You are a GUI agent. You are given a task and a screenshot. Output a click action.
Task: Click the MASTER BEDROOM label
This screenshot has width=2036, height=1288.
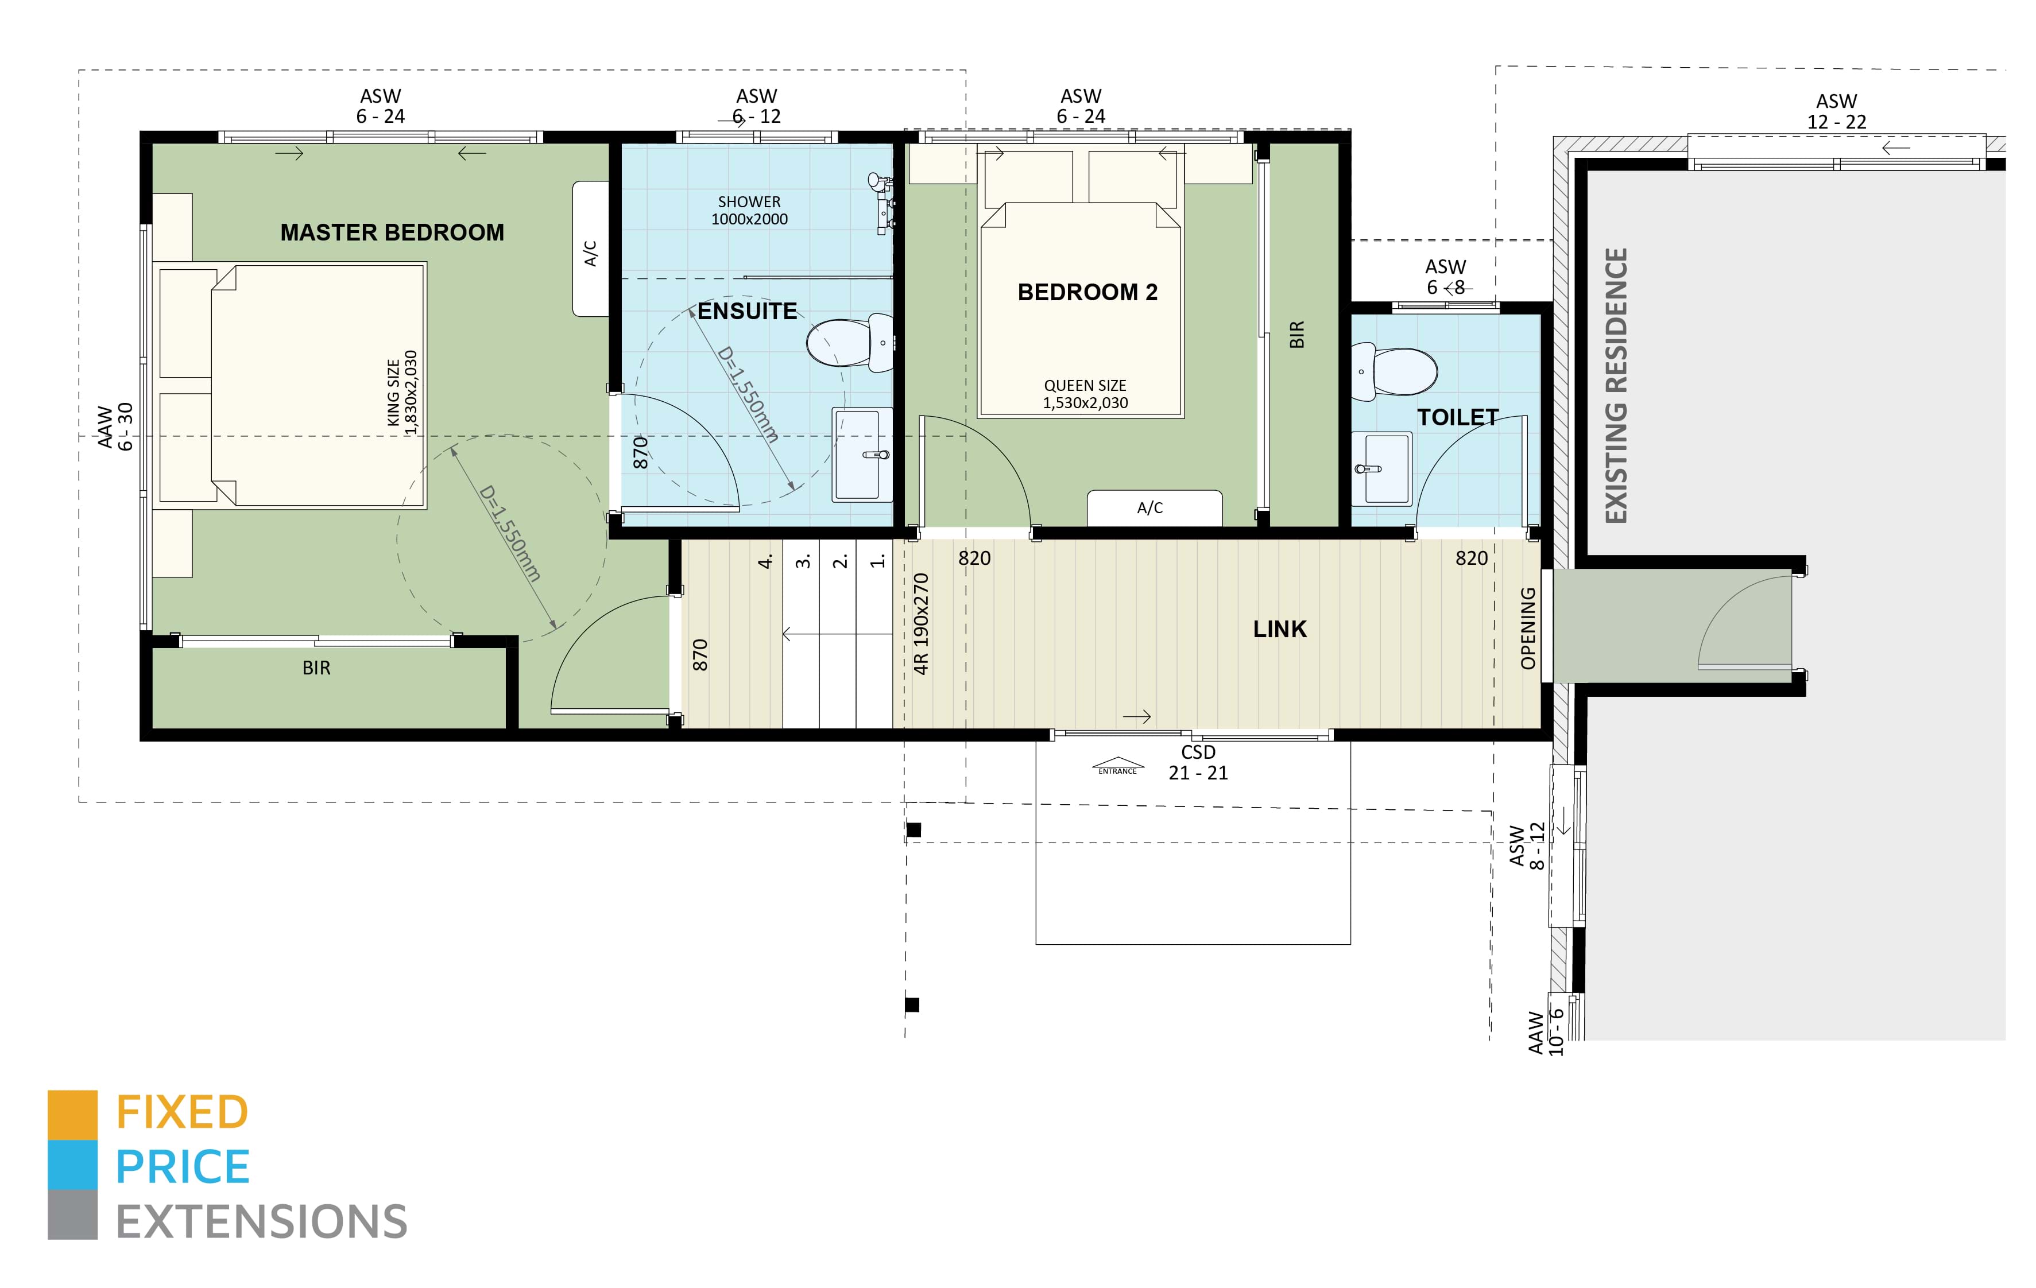click(x=392, y=232)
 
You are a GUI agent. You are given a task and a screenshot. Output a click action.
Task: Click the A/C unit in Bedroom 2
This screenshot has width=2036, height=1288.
click(x=1154, y=507)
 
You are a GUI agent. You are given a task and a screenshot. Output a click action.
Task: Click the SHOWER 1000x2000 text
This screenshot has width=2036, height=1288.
click(x=749, y=211)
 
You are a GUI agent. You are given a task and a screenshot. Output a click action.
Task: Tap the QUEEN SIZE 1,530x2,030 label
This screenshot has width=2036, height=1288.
click(x=1085, y=394)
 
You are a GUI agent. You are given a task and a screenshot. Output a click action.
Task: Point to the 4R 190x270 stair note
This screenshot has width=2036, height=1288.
click(x=921, y=624)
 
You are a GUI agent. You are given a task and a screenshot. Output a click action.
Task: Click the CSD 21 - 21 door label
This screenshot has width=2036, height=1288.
click(x=1198, y=762)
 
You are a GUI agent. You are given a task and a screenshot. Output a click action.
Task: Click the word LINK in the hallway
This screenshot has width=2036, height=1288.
click(x=1279, y=629)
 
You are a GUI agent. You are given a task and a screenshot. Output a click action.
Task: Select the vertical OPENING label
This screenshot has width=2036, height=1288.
click(x=1527, y=628)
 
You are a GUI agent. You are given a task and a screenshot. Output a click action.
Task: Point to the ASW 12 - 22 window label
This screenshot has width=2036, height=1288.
click(x=1836, y=111)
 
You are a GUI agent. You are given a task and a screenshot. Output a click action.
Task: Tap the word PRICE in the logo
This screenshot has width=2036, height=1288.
click(x=183, y=1167)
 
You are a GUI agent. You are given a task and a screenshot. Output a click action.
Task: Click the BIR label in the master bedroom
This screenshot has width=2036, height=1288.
click(x=316, y=668)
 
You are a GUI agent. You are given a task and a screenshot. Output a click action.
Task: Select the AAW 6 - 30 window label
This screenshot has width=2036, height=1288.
click(x=115, y=427)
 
